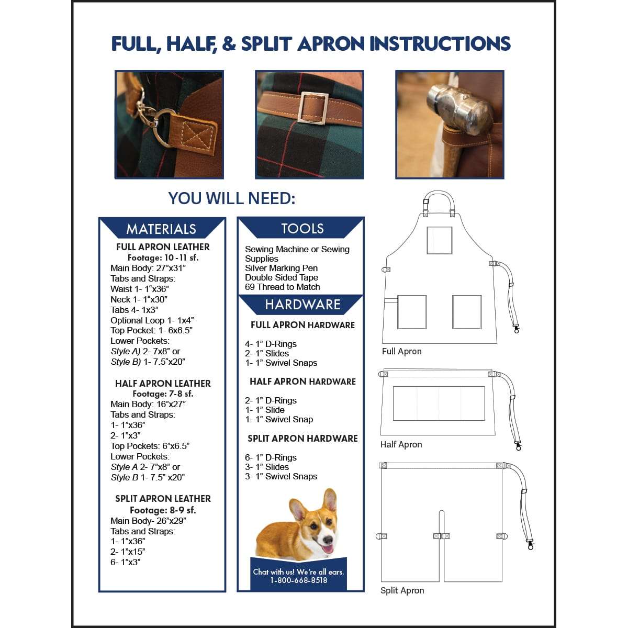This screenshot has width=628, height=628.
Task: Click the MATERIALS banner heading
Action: (x=161, y=229)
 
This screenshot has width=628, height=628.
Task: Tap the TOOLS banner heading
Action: (x=302, y=228)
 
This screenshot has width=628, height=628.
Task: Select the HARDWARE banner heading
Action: (x=302, y=304)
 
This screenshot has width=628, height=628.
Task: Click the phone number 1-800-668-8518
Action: (x=299, y=580)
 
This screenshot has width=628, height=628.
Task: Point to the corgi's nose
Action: (x=328, y=540)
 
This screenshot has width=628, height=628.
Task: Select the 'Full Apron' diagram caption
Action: (x=401, y=351)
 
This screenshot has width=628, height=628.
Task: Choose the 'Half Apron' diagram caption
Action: (x=401, y=444)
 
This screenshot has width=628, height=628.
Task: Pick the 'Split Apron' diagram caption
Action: (x=402, y=590)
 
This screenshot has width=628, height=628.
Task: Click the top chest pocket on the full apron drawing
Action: (x=440, y=240)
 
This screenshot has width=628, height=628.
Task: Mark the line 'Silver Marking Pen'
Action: (x=281, y=268)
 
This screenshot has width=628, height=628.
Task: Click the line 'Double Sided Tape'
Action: (x=281, y=277)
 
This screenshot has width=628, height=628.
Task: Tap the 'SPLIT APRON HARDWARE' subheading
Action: (x=302, y=439)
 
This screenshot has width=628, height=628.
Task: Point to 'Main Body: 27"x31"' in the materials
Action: (x=148, y=268)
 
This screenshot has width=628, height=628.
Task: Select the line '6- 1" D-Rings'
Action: (x=271, y=457)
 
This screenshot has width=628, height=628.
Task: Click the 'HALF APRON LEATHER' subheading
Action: (x=163, y=384)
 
